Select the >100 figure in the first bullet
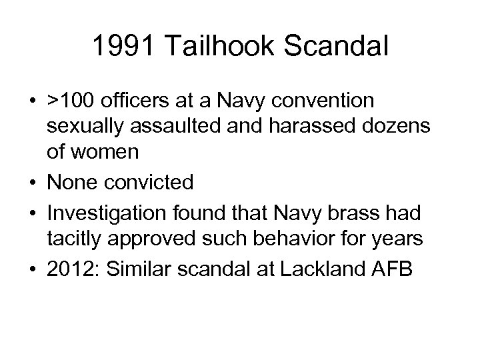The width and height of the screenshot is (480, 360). coord(70,101)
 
